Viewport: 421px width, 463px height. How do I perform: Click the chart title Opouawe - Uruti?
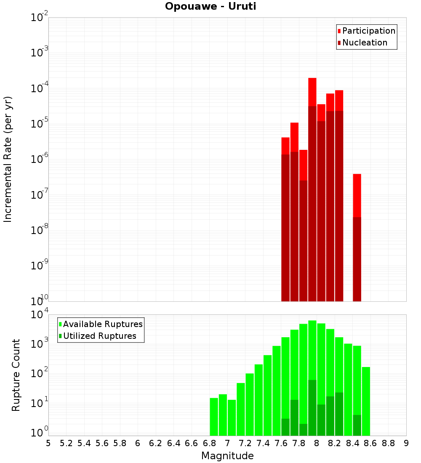[x=210, y=7]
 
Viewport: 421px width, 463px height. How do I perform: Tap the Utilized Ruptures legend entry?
[x=99, y=336]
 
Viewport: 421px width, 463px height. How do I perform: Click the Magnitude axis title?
[x=227, y=456]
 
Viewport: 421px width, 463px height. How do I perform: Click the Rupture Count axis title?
[x=16, y=375]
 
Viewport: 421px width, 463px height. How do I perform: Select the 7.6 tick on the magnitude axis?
[x=281, y=443]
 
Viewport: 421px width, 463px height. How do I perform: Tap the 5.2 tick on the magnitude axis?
[x=66, y=443]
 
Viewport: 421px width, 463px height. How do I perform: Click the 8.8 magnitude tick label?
[x=388, y=443]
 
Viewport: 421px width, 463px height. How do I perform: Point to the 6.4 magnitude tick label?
[x=173, y=443]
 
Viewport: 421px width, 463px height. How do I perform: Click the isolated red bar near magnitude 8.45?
[x=357, y=196]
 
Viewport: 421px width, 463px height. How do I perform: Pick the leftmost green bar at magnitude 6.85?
[x=214, y=417]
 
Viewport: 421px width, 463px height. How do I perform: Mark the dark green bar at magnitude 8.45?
[x=357, y=425]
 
